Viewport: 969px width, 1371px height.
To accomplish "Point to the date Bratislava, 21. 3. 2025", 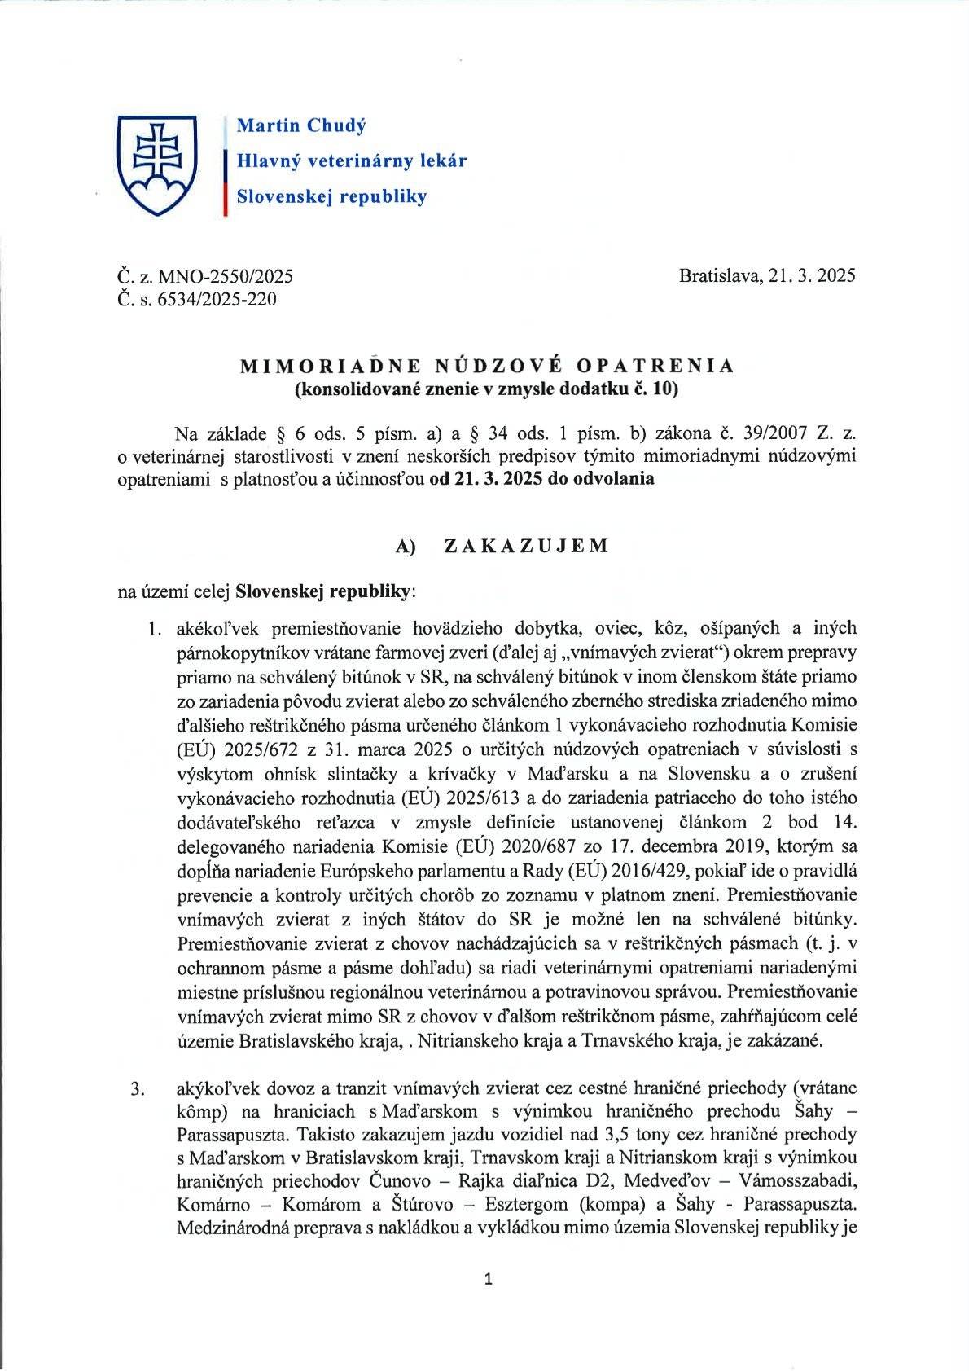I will tap(766, 275).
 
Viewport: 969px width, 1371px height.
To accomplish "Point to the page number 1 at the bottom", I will tap(488, 1280).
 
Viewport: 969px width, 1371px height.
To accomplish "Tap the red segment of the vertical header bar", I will tap(225, 199).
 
